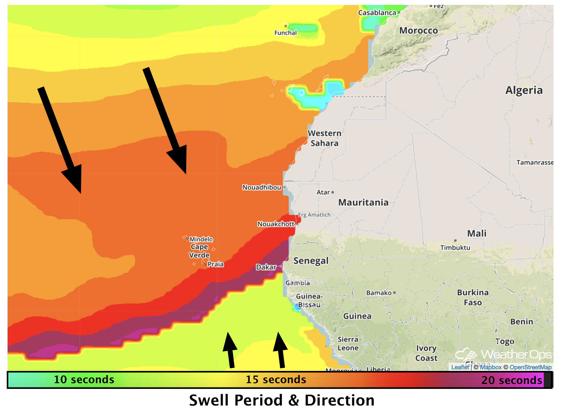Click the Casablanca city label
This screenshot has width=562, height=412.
click(x=377, y=12)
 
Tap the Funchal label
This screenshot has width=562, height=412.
click(x=285, y=33)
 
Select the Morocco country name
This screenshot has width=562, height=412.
click(x=418, y=31)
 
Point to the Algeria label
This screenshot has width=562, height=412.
click(x=524, y=90)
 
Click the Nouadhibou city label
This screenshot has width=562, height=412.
click(x=262, y=187)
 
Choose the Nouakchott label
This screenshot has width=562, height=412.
click(x=276, y=224)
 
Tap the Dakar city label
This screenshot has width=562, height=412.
click(x=266, y=267)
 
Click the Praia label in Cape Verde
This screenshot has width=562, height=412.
click(x=216, y=264)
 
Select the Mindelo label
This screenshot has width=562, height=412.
click(x=201, y=239)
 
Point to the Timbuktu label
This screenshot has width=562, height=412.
click(x=455, y=248)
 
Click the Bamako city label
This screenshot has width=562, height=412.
click(x=379, y=293)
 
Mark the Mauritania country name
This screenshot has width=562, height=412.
click(x=363, y=202)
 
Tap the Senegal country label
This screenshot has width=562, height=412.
click(x=311, y=261)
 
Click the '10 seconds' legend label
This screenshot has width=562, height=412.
click(x=84, y=380)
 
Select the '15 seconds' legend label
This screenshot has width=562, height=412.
click(x=276, y=380)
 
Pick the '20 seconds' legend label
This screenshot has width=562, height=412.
click(x=512, y=380)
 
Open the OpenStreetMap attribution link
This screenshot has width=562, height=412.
click(x=530, y=367)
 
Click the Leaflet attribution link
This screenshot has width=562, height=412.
click(x=460, y=367)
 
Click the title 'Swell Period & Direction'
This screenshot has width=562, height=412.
click(x=282, y=400)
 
